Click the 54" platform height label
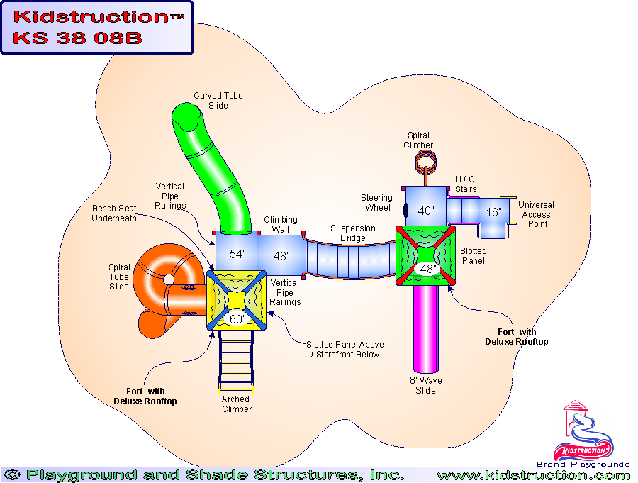coord(238,254)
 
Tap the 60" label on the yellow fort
coord(237,319)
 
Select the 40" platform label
coord(425,211)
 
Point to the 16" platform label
coord(494,212)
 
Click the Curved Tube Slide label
coord(218,101)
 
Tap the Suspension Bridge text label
coord(353,233)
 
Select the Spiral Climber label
coord(418,140)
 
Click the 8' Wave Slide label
coord(425,386)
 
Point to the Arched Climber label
coord(236,404)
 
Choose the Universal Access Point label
coord(536,214)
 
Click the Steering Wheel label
coord(376,203)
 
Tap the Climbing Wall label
coord(281,225)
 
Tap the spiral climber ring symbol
coord(425,162)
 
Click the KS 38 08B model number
coord(78,38)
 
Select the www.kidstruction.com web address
coord(533,475)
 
